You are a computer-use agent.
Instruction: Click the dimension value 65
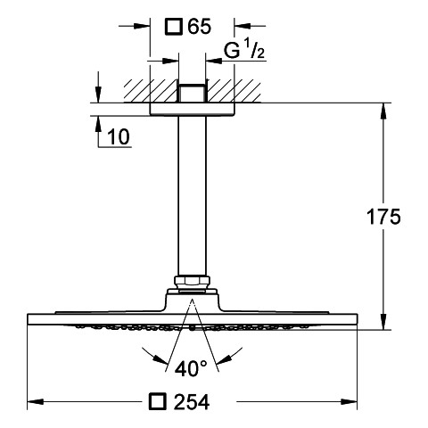tap(199, 27)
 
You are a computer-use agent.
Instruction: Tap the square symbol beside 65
tap(174, 27)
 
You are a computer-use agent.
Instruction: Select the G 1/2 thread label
tap(243, 51)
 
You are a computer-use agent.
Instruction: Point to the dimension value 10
tap(119, 136)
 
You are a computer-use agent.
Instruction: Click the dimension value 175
tap(383, 217)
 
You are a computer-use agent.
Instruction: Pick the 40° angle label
tap(191, 368)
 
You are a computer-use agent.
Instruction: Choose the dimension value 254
tap(192, 402)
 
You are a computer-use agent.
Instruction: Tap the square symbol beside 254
tap(157, 402)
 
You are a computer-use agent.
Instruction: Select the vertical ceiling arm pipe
tap(192, 195)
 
